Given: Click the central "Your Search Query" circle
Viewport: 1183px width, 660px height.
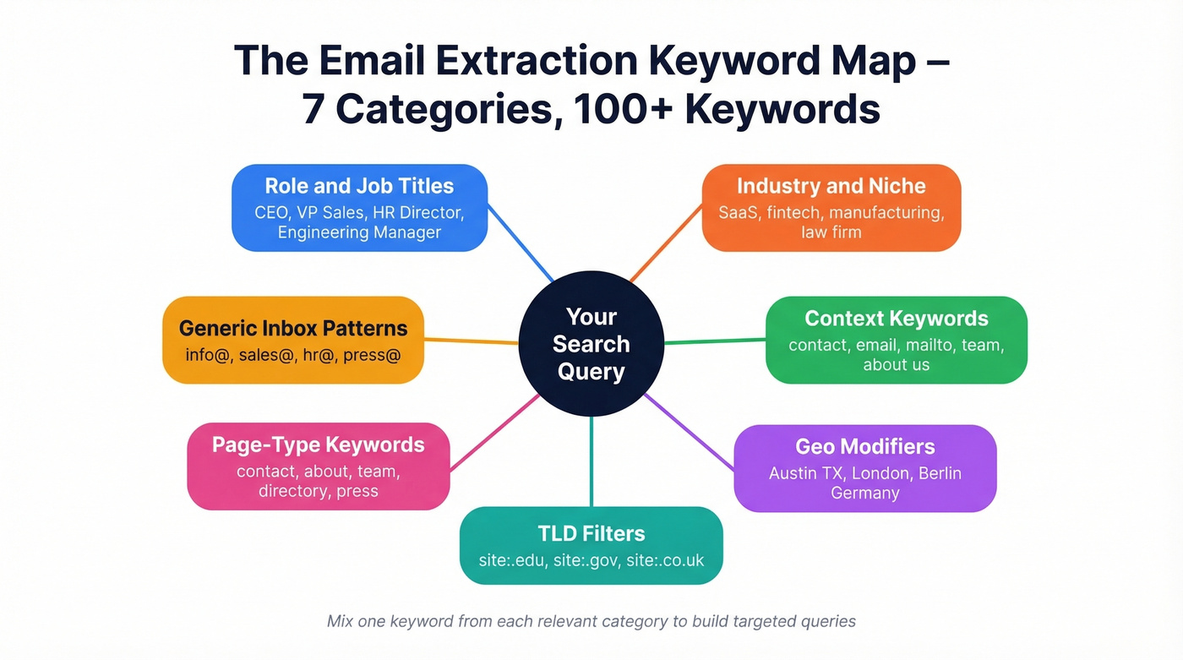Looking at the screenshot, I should (591, 344).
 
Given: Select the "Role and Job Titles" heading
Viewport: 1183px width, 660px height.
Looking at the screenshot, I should (359, 186).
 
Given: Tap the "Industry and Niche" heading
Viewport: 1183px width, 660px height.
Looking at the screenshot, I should (831, 186).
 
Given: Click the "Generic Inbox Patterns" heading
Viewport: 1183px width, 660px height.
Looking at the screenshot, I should (293, 328).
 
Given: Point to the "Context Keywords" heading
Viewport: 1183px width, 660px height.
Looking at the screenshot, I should (896, 319).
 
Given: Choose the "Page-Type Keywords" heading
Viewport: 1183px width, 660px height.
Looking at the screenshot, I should (318, 445).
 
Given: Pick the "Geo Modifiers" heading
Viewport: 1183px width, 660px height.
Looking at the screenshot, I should (864, 446).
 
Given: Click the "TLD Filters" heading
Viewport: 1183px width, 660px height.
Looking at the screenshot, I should (591, 533).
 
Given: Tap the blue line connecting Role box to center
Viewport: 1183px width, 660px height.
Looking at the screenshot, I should (521, 246).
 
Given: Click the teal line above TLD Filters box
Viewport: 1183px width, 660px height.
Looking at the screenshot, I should (591, 461).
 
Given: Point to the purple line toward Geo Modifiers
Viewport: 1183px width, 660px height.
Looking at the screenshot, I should (690, 431).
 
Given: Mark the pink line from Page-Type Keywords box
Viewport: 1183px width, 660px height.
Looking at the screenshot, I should (494, 434).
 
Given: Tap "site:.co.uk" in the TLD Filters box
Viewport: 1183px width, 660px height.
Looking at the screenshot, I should (665, 560).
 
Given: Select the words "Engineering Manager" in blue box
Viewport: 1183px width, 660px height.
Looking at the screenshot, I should (359, 232).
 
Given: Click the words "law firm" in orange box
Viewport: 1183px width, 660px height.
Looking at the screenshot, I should (831, 232).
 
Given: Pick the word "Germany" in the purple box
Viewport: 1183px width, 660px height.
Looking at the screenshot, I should (864, 493).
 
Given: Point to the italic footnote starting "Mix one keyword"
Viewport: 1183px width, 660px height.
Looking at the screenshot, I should (591, 622).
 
